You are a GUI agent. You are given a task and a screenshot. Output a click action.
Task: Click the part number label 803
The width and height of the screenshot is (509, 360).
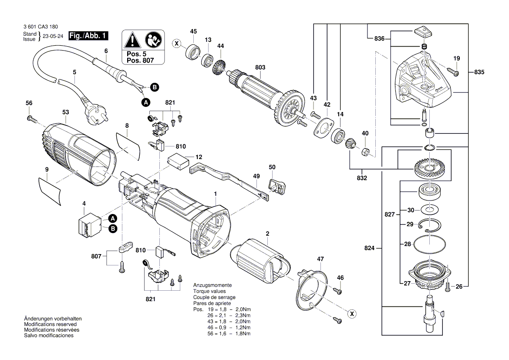pos(260,68)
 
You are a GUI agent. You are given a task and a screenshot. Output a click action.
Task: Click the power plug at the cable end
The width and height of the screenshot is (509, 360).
pos(96,112)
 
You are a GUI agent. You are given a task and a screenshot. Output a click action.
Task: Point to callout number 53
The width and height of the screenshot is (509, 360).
pos(65,112)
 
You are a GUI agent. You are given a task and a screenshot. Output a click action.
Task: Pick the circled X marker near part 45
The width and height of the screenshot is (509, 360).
pos(176,44)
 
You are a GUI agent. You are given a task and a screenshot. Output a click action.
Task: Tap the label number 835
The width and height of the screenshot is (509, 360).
pos(479,71)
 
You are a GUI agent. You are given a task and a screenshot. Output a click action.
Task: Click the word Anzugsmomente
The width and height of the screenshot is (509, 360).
pos(212,285)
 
